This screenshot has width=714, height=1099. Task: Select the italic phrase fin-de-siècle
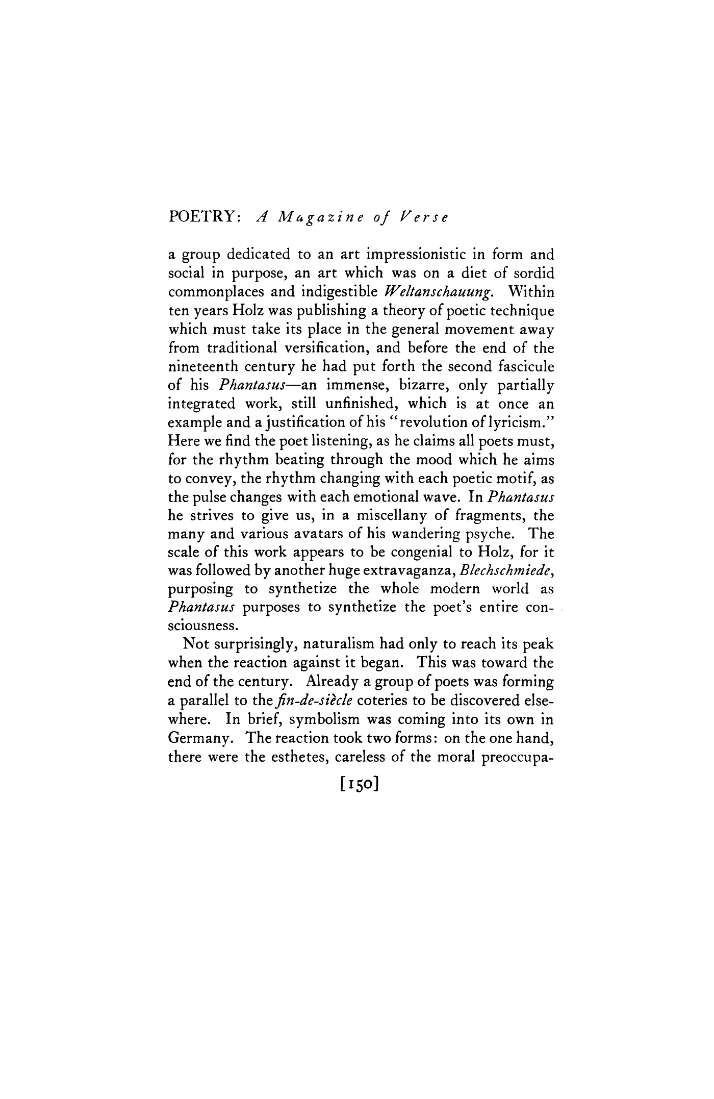click(320, 701)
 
